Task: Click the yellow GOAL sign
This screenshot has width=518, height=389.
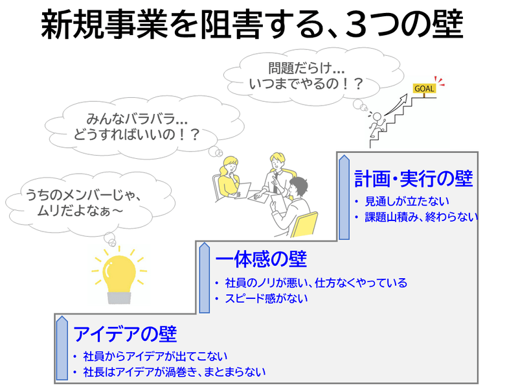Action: point(424,88)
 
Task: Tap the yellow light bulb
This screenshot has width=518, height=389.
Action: point(119,276)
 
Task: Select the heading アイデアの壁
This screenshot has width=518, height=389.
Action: point(125,334)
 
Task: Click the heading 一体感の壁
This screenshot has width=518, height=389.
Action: point(262,259)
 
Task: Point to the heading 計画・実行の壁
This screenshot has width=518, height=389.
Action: point(414,179)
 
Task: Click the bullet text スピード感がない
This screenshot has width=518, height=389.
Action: point(266,298)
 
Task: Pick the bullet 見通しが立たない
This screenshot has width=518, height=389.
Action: point(407,202)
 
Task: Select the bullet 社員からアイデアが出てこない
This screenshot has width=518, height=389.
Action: point(155,356)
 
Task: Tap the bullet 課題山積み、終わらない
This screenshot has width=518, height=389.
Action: point(422,217)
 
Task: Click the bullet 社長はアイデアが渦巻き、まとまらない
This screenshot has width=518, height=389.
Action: point(174,372)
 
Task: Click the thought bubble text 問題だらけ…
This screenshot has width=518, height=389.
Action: point(306,69)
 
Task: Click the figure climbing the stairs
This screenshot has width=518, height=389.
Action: point(377,125)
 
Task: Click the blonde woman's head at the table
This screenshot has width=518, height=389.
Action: point(231,165)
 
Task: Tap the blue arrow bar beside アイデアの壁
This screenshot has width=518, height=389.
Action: point(62,348)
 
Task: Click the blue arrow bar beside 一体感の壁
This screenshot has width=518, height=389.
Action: point(205,278)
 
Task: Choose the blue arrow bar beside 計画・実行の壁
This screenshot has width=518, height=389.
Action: point(344,197)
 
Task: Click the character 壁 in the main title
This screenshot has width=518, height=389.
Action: point(447,25)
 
